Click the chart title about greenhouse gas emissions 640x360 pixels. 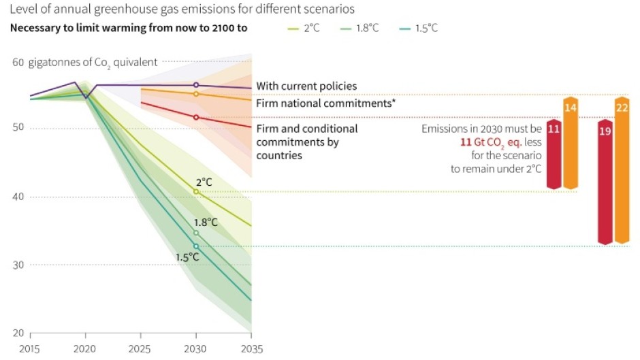coord(182,10)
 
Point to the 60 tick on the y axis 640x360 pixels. coord(18,62)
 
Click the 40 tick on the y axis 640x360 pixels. coord(18,197)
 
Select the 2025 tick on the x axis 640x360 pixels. coord(140,349)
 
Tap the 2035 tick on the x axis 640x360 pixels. coord(251,349)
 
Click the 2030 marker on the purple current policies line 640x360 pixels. coord(196,85)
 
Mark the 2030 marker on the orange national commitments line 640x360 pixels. coord(196,94)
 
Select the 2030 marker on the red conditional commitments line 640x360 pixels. coord(196,117)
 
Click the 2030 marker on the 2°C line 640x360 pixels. coord(196,192)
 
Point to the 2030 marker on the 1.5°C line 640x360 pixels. coord(196,246)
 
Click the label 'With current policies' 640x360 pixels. coord(306,86)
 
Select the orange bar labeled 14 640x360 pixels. coord(571,143)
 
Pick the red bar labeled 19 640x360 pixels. coord(605,181)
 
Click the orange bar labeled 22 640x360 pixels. coord(622,170)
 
